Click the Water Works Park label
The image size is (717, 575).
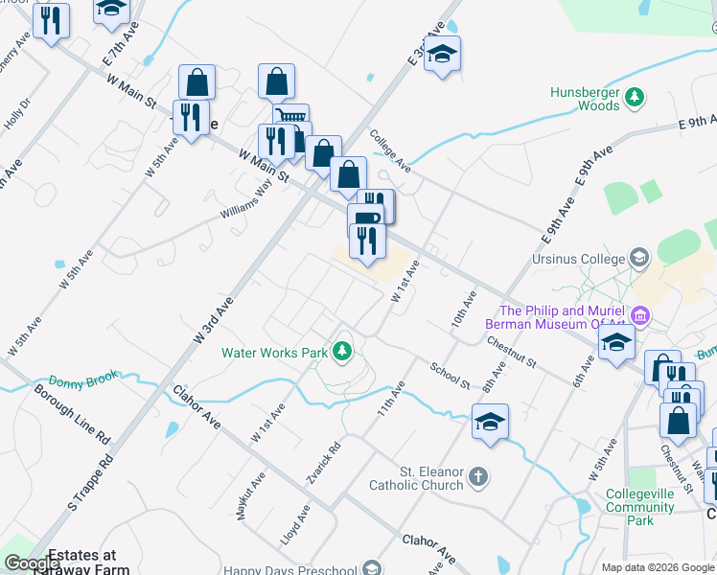click(x=275, y=353)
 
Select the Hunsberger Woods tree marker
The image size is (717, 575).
click(x=634, y=96)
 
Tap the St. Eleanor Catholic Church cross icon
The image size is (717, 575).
click(x=479, y=475)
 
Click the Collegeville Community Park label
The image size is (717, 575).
click(x=642, y=507)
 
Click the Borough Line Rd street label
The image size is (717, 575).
click(x=73, y=415)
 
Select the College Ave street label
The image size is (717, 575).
click(x=390, y=150)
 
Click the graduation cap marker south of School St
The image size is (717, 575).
click(x=490, y=422)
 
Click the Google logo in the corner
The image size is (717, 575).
click(x=33, y=564)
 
